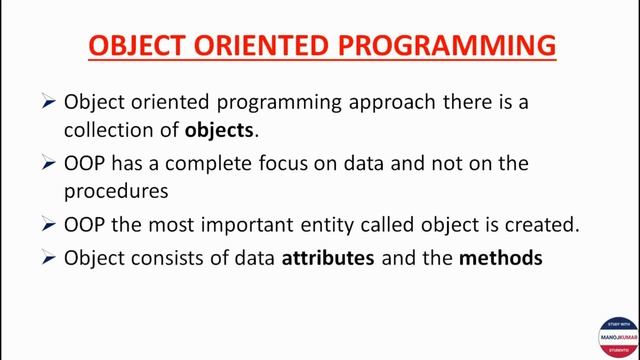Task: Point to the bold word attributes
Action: pyautogui.click(x=328, y=257)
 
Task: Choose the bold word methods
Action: pyautogui.click(x=500, y=257)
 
